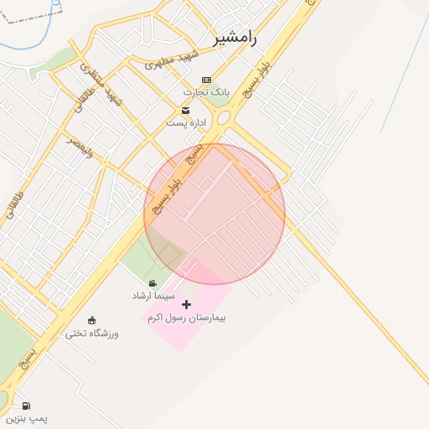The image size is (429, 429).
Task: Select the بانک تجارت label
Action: click(207, 91)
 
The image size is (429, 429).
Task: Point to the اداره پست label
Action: click(185, 122)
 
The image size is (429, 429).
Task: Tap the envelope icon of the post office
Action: click(185, 110)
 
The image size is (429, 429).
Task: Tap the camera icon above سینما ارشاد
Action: click(152, 284)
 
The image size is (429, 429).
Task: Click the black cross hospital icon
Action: click(186, 304)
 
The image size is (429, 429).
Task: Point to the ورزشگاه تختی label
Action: click(92, 333)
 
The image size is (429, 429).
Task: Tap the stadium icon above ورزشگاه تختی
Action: click(91, 319)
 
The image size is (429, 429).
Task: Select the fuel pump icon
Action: click(26, 406)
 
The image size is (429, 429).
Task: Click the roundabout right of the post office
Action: click(225, 119)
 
